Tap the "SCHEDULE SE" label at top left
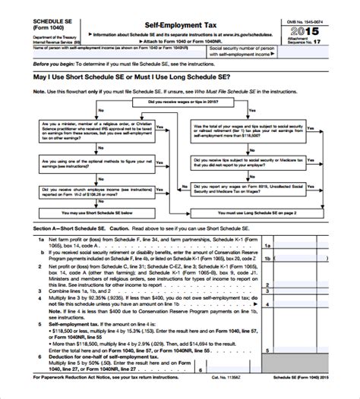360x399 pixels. [33, 24]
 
